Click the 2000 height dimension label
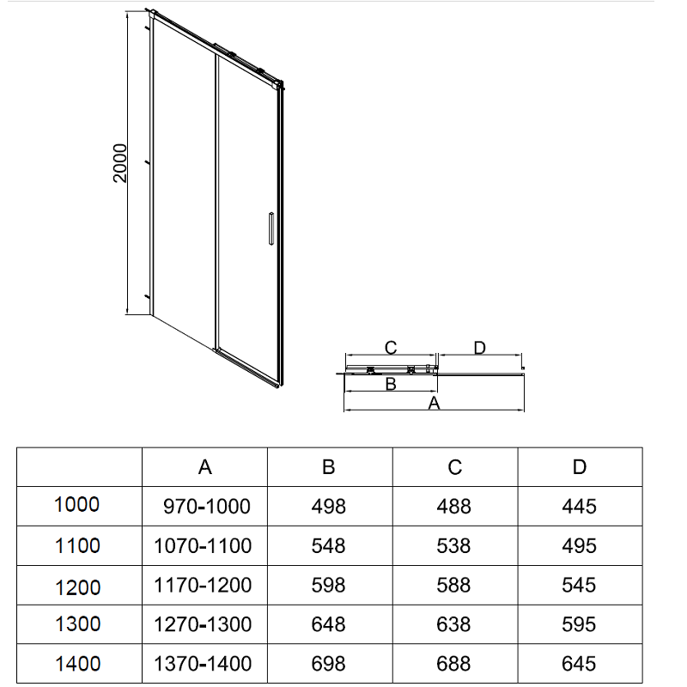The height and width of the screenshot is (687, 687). tap(120, 163)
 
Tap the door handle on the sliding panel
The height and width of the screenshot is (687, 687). tap(271, 228)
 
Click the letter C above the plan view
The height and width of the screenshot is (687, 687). tap(391, 348)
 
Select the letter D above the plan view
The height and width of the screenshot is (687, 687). tap(480, 348)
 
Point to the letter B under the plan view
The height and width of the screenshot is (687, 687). tap(391, 384)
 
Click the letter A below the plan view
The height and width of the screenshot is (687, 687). tap(434, 403)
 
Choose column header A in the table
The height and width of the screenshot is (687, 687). tap(205, 467)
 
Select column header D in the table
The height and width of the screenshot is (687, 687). tap(580, 467)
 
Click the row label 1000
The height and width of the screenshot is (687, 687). tap(76, 504)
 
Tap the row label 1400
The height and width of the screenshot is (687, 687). tap(77, 664)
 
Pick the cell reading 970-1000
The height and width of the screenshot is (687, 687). tap(207, 507)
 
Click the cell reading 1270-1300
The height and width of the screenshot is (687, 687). tap(203, 624)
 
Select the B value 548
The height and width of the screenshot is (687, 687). tap(329, 546)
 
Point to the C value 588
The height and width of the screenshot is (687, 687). tap(454, 586)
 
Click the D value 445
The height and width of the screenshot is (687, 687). tap(579, 507)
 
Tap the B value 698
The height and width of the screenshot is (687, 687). tap(329, 664)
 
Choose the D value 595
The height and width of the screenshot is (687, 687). tap(579, 624)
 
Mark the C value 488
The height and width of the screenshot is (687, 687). tap(454, 507)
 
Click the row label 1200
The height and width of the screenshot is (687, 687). tap(77, 587)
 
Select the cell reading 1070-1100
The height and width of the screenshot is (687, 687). tap(203, 546)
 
